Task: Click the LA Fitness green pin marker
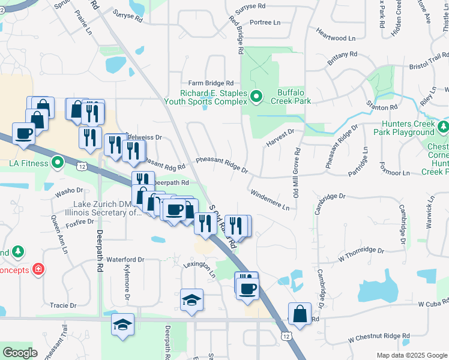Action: tap(57, 163)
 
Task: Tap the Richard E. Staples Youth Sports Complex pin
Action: tap(256, 96)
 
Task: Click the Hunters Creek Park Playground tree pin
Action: tap(443, 127)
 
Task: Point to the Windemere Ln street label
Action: tap(270, 200)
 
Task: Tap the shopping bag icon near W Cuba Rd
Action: tap(299, 313)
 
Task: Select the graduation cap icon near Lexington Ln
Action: tap(191, 299)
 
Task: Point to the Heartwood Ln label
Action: tap(331, 38)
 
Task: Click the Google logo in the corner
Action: tap(20, 352)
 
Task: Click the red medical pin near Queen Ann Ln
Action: tap(38, 269)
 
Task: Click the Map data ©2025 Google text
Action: tap(411, 355)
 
